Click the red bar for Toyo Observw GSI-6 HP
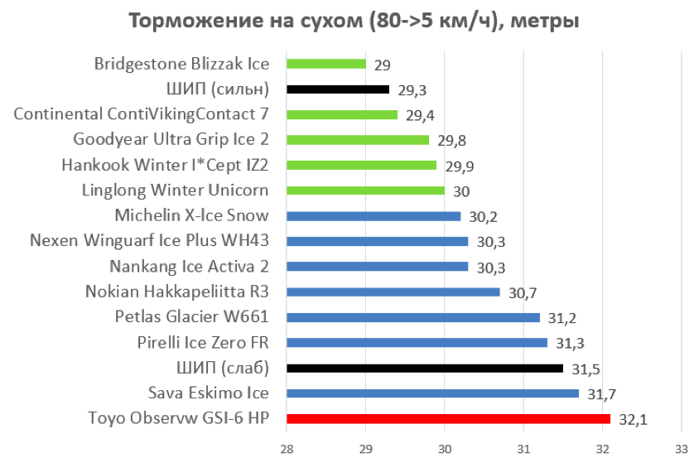[x=447, y=419]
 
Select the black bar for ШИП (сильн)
[x=337, y=89]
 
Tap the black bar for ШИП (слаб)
[x=424, y=369]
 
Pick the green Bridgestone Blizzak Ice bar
[x=325, y=64]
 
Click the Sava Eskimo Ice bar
[x=432, y=393]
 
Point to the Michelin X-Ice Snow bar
[x=373, y=216]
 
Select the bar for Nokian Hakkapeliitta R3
[x=393, y=292]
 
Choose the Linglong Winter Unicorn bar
[x=365, y=190]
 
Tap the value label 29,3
[x=412, y=89]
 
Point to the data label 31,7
[x=600, y=394]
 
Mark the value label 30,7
[x=522, y=293]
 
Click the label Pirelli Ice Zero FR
[x=203, y=343]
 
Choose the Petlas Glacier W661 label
[x=192, y=317]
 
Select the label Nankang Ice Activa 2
[x=190, y=267]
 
